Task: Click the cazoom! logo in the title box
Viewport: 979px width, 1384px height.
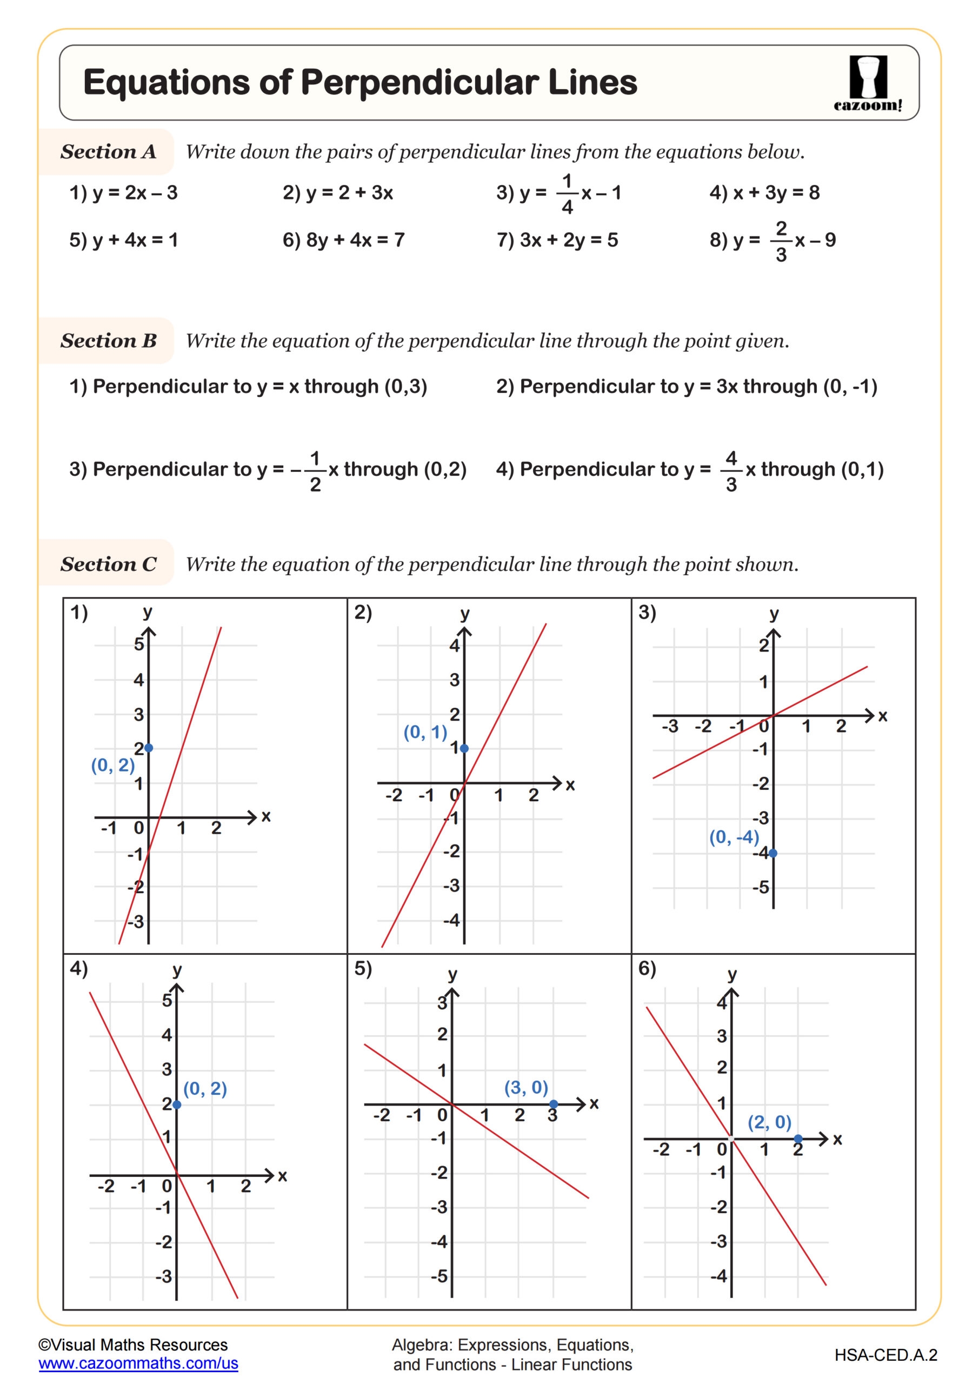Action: tap(868, 84)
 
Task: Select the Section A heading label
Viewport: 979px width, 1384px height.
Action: tap(108, 151)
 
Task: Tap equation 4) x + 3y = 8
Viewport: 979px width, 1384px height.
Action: tap(764, 193)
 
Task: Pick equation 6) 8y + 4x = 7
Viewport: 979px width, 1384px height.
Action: tap(343, 240)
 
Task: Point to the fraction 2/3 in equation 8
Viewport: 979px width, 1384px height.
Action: tap(781, 241)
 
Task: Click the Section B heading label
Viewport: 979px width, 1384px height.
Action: tap(108, 341)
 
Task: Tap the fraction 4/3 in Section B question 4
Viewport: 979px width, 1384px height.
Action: tap(731, 470)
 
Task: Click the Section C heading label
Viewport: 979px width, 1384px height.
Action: tap(108, 564)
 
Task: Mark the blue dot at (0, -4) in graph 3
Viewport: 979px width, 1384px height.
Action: tap(773, 853)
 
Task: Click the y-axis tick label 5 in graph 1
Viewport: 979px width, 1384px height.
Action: tap(138, 644)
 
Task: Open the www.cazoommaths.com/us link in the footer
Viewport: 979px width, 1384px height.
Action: tap(138, 1363)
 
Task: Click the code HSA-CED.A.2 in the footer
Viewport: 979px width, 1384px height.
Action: tap(885, 1355)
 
